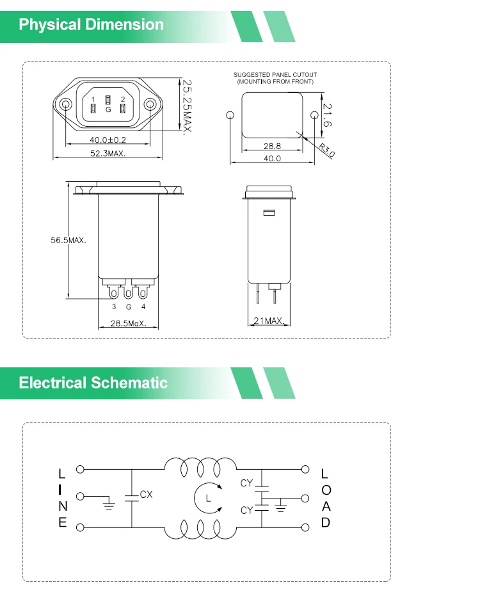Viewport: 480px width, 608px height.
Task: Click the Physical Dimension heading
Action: (x=92, y=25)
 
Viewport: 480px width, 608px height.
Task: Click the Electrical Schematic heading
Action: (x=93, y=383)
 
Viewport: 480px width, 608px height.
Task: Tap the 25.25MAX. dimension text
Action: (x=188, y=107)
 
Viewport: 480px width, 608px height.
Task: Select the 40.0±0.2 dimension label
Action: (x=108, y=140)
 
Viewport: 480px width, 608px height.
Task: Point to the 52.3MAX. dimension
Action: (x=108, y=154)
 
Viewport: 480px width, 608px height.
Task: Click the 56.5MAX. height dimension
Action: (x=68, y=240)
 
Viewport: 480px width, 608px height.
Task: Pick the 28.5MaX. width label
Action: (x=128, y=323)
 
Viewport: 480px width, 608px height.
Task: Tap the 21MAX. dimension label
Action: (x=268, y=320)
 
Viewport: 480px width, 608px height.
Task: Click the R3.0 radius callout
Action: (x=326, y=151)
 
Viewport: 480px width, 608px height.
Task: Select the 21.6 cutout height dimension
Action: (x=326, y=115)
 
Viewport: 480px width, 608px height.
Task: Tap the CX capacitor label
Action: (x=147, y=495)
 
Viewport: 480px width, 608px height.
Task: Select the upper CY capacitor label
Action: (x=247, y=483)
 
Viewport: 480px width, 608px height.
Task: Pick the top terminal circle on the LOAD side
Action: (x=305, y=469)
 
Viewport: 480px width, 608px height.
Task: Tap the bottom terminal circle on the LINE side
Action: (x=80, y=527)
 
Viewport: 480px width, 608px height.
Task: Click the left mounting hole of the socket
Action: (x=66, y=104)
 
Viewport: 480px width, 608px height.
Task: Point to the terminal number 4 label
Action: (x=143, y=307)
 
